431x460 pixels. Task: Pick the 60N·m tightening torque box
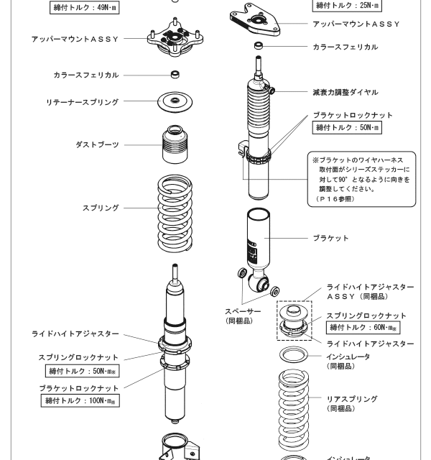tap(363, 328)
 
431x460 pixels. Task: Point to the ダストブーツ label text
tap(98, 144)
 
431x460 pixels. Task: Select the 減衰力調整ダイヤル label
tap(345, 93)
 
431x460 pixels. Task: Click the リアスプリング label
tap(352, 399)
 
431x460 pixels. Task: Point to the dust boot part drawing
tap(173, 146)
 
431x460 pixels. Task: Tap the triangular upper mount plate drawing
tap(260, 22)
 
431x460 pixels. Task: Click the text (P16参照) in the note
tap(335, 198)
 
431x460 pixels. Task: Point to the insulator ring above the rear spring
tap(296, 355)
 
